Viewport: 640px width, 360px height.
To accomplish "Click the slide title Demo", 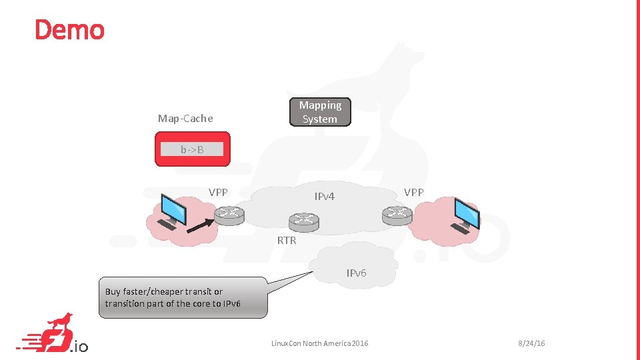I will pos(69,30).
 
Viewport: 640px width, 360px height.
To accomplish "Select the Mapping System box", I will pos(320,112).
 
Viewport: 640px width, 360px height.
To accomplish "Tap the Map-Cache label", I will pos(185,119).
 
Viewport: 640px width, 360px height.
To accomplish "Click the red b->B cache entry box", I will pos(192,149).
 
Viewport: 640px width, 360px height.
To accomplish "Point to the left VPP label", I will pos(218,192).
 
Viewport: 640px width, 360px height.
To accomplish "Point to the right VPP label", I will pos(413,192).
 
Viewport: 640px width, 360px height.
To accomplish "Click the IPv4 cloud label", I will pos(324,196).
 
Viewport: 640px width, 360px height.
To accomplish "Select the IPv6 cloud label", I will pos(356,273).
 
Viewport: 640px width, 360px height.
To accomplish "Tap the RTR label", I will pos(287,240).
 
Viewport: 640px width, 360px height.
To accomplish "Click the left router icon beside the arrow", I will pos(230,214).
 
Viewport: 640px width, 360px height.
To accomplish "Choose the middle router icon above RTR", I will pos(304,221).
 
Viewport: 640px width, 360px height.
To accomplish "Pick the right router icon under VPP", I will pos(397,214).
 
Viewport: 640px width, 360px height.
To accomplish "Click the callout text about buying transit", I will pos(173,297).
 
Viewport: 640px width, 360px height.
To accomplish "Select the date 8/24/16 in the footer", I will pos(531,343).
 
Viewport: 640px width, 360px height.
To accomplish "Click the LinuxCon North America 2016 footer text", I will pos(319,343).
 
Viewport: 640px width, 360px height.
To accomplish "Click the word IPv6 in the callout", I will pos(231,304).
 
